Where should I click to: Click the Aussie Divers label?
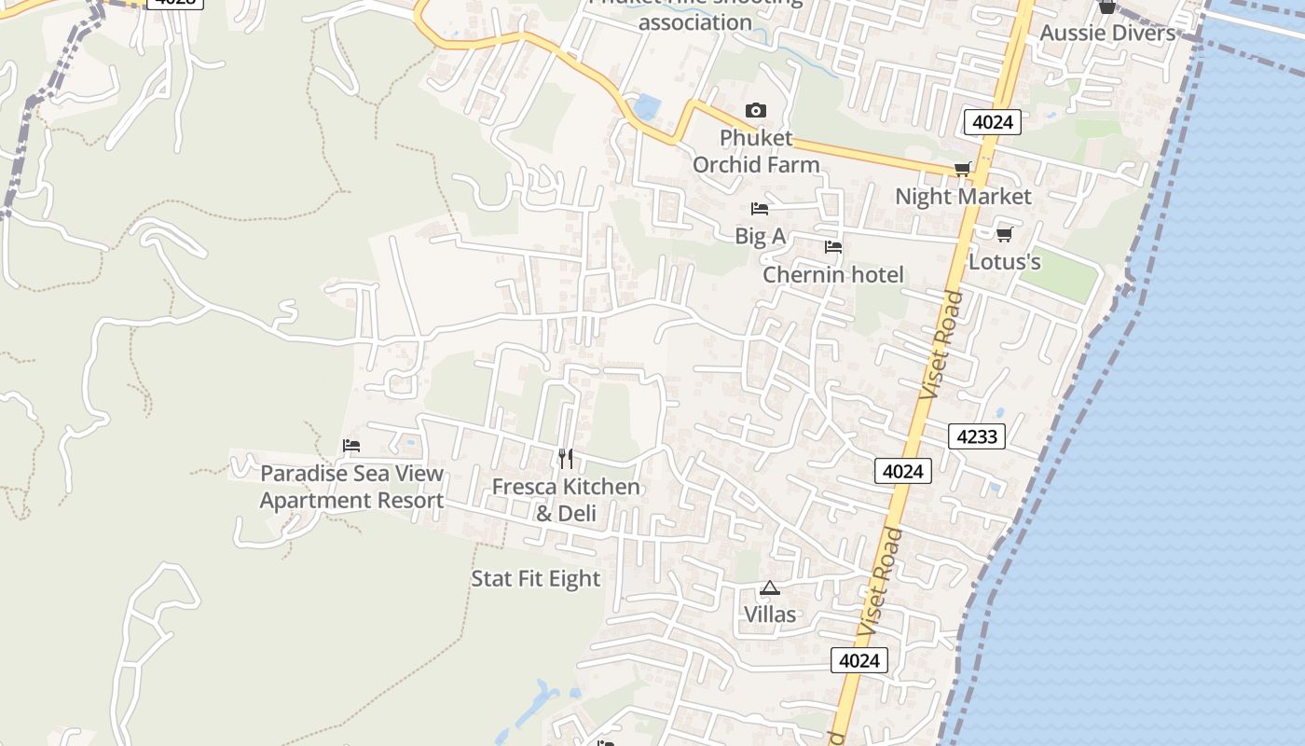[1107, 34]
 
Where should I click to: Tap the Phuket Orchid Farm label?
[756, 151]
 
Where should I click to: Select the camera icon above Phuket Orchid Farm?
[756, 111]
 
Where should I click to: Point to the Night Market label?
[963, 197]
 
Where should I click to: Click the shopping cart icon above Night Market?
[963, 169]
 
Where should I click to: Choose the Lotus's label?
[1004, 262]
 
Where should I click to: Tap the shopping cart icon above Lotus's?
[1004, 234]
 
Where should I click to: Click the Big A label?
[760, 237]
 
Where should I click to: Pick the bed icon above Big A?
[760, 209]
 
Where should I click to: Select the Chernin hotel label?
[833, 275]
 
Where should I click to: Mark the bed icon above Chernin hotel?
[833, 247]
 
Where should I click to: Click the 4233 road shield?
[977, 435]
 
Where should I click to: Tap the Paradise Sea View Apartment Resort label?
[351, 487]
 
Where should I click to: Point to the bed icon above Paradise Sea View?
[351, 446]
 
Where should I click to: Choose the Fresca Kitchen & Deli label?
[566, 500]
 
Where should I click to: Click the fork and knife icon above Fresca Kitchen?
[566, 459]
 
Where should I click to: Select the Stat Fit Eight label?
[535, 579]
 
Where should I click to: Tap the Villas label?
[770, 615]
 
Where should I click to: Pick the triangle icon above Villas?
[769, 587]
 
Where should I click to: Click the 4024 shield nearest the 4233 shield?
[903, 472]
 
